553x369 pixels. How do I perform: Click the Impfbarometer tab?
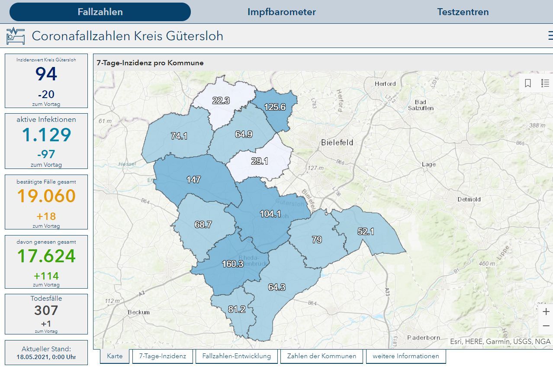tap(281, 12)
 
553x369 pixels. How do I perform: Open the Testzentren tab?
tap(463, 12)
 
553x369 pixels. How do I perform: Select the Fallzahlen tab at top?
tap(100, 12)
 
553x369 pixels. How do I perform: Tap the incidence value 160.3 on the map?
tap(232, 264)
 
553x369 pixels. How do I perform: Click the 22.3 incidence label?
tap(221, 100)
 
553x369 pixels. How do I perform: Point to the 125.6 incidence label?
tap(275, 107)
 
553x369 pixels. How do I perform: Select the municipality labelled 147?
tap(193, 179)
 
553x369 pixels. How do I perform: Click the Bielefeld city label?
tap(337, 142)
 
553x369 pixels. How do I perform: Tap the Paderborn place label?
tap(424, 337)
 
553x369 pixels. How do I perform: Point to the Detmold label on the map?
tap(469, 199)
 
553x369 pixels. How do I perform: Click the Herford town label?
tap(385, 83)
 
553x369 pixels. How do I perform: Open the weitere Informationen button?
tap(406, 356)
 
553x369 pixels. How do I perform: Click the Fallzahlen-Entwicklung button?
tap(236, 356)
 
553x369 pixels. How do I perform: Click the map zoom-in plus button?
tap(546, 312)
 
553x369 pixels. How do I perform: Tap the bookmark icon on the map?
tap(528, 83)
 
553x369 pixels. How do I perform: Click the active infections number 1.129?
tap(46, 135)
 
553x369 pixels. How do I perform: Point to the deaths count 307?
tap(46, 310)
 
